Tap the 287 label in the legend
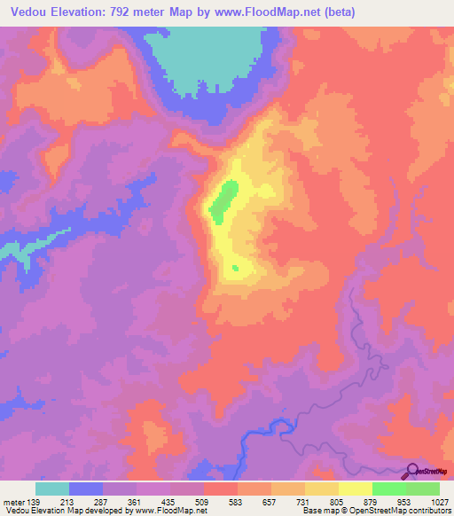click(103, 501)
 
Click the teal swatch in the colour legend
click(52, 489)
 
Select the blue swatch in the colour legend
click(86, 489)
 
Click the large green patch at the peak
click(223, 199)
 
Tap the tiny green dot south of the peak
click(235, 268)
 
